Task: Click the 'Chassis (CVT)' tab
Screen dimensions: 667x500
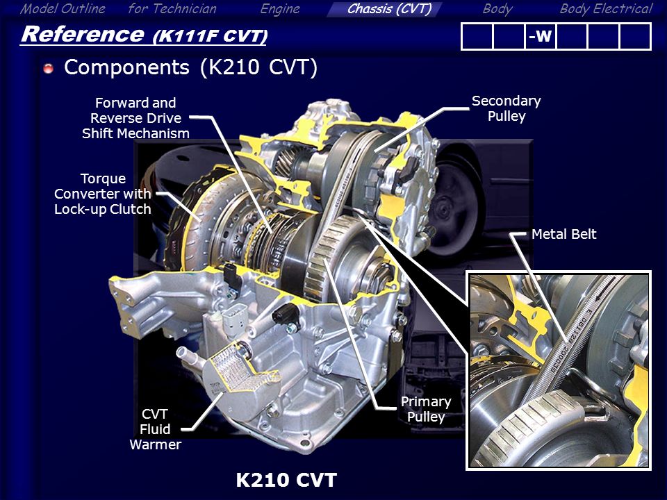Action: (x=389, y=9)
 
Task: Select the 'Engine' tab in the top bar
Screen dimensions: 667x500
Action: (x=280, y=9)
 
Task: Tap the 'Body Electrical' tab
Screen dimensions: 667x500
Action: (x=606, y=9)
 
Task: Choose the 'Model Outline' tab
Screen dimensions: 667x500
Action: (x=63, y=9)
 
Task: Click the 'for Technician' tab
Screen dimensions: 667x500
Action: (x=172, y=9)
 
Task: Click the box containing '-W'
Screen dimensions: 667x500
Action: (x=541, y=37)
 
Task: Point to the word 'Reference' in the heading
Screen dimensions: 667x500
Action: (x=83, y=34)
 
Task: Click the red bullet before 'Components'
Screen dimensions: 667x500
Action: (x=49, y=68)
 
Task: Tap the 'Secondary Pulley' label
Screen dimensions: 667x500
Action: (x=507, y=108)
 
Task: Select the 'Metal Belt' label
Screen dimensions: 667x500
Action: (x=563, y=234)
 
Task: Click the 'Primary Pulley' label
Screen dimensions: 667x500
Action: (x=426, y=409)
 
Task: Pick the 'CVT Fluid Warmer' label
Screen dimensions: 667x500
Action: (x=155, y=429)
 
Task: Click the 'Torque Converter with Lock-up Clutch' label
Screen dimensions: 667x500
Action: (x=103, y=194)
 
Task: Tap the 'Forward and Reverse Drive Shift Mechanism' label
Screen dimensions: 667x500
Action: (x=135, y=118)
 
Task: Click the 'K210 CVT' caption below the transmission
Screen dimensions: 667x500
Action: (x=286, y=480)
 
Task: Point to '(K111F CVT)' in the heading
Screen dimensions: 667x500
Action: (x=210, y=36)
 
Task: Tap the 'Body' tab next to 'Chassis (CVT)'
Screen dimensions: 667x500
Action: (x=497, y=9)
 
